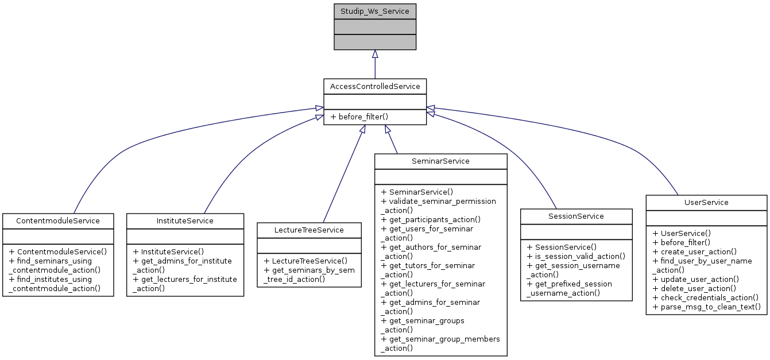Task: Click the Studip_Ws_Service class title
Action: coord(375,11)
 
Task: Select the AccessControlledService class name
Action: coord(375,86)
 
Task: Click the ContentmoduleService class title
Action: coord(58,220)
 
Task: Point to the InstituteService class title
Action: coord(185,220)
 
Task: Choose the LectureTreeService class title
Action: coord(309,230)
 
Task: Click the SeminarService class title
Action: coord(440,161)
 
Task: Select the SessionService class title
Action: coord(576,216)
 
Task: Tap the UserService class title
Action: coord(706,202)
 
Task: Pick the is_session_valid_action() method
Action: coord(576,256)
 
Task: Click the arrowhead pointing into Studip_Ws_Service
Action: coord(375,54)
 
